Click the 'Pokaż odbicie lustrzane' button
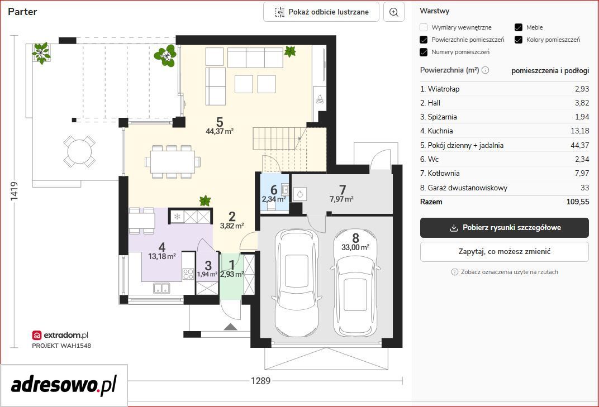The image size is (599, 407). coord(321,12)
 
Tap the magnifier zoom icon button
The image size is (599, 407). coord(393,12)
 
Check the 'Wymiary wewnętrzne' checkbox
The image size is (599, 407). coord(424,27)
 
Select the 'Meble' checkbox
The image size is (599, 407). coord(519,27)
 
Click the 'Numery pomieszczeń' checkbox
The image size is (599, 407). coord(424,52)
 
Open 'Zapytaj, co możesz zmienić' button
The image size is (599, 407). coord(504,252)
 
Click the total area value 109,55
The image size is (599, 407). coord(578,202)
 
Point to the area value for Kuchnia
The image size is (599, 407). coord(580,131)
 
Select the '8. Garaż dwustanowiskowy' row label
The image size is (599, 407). coord(464,188)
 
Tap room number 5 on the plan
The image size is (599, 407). coord(220,122)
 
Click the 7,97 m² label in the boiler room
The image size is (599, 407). coord(341,199)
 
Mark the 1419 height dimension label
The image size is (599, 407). coord(14,191)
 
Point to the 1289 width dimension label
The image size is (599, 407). coord(260,381)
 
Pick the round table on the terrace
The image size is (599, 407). coord(79,151)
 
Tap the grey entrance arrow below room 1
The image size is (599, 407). coord(230,327)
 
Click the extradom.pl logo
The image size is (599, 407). coord(60,335)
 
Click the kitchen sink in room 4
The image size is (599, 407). coord(162,288)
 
